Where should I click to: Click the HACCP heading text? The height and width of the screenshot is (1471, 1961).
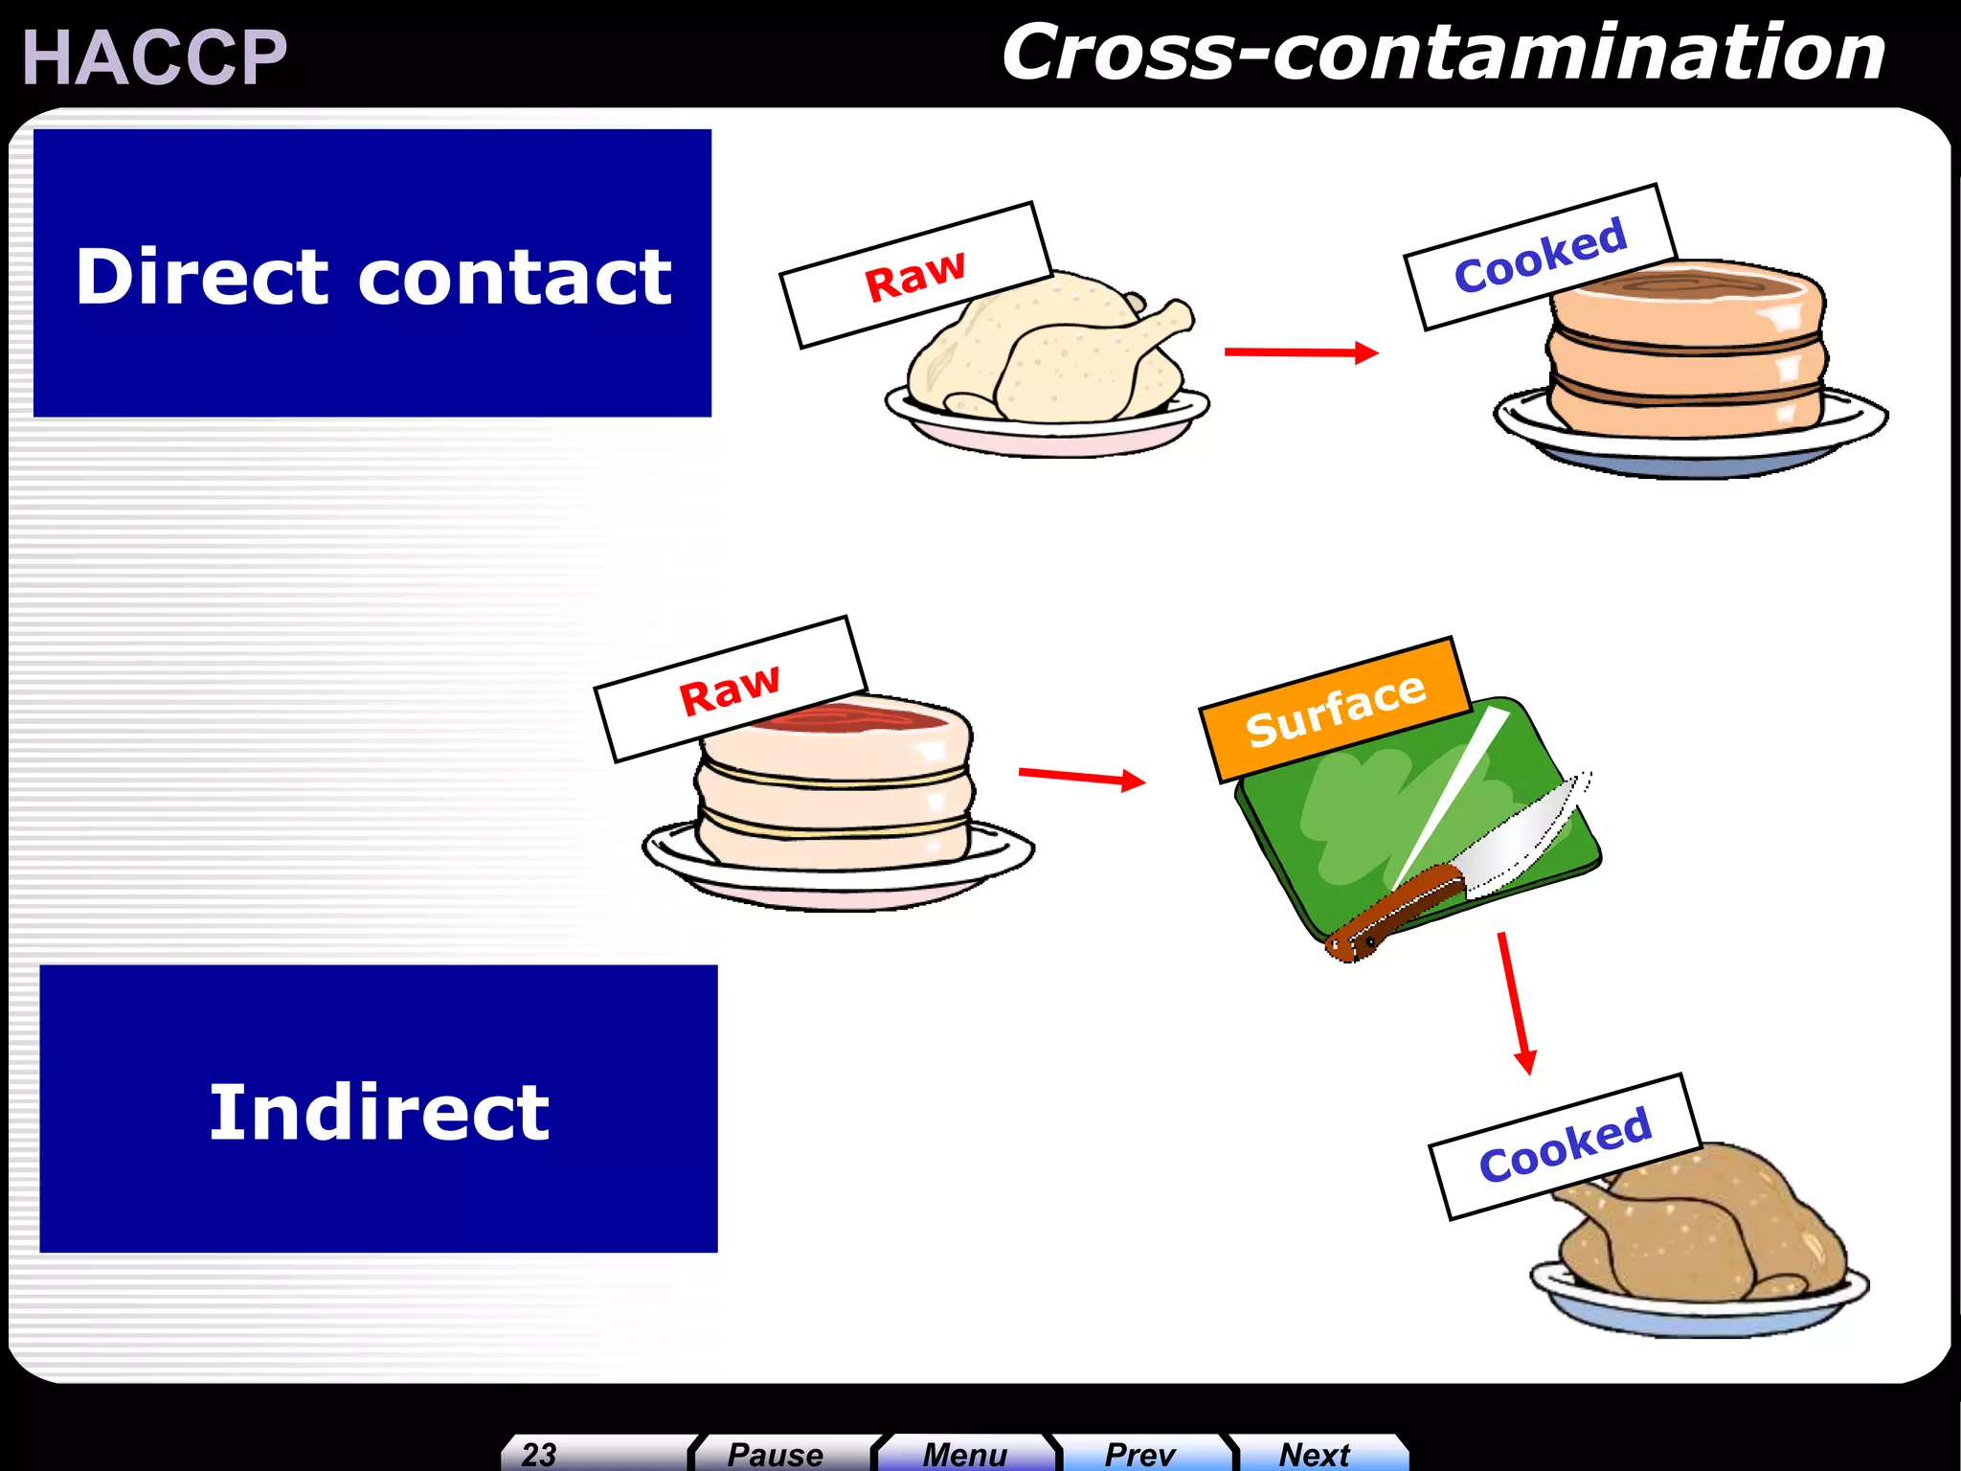pos(154,57)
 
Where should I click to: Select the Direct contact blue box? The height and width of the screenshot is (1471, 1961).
pos(372,273)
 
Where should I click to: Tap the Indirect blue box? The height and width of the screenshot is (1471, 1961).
pos(378,1109)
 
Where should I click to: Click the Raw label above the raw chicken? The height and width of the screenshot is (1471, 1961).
pos(915,275)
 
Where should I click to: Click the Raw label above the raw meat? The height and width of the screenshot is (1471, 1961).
pos(730,690)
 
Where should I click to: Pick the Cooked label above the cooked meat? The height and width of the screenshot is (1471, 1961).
pos(1540,256)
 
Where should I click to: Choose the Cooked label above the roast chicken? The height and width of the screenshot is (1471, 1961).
pos(1565,1145)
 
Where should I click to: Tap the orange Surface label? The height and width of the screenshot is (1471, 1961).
pos(1335,710)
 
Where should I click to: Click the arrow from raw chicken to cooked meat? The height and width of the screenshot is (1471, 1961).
pos(1300,352)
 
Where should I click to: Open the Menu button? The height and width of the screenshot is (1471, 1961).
pos(964,1454)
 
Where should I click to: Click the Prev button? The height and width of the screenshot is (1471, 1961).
pos(1139,1454)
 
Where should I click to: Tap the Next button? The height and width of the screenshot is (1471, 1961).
pos(1315,1454)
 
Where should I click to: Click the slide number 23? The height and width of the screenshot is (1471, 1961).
pos(539,1454)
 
